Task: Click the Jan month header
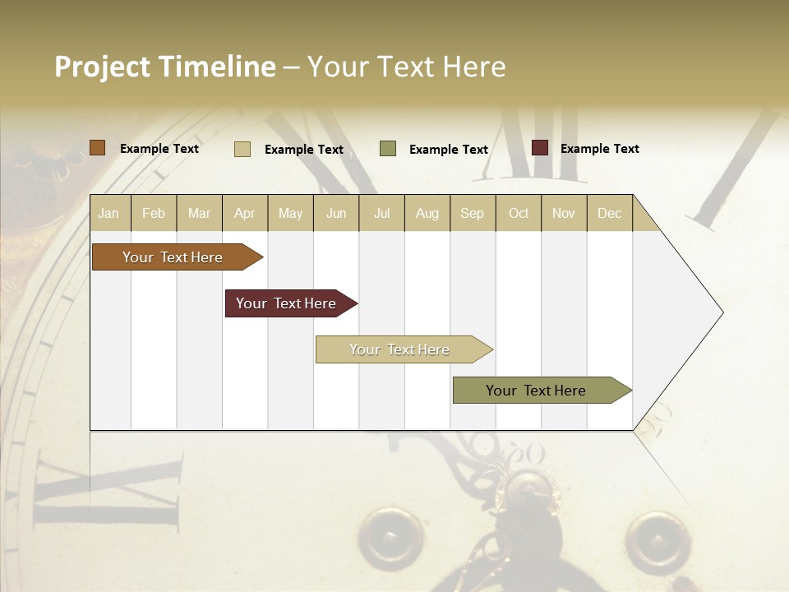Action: point(108,213)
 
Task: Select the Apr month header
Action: point(244,213)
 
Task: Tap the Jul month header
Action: point(381,213)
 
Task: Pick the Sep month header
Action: point(472,213)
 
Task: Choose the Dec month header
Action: point(609,213)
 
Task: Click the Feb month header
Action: point(154,213)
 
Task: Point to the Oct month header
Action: point(519,213)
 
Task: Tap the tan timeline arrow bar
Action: point(400,349)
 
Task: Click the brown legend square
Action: point(98,148)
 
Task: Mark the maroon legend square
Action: point(540,148)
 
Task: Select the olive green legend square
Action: point(388,149)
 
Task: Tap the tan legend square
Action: point(242,149)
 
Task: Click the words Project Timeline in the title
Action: point(165,67)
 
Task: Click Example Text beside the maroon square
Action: point(599,149)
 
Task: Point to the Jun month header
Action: point(336,213)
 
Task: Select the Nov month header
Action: point(564,213)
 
